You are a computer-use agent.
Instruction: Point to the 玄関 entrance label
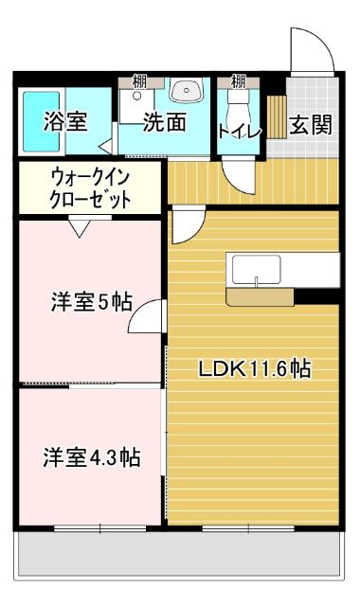point(310,124)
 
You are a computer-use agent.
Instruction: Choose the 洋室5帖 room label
point(91,304)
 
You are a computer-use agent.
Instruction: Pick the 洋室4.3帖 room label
point(91,457)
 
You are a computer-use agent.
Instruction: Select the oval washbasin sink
point(187,92)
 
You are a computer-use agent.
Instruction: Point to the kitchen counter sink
point(257,271)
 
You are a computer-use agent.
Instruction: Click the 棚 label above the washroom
point(139,80)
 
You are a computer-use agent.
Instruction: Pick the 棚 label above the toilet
point(239,80)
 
